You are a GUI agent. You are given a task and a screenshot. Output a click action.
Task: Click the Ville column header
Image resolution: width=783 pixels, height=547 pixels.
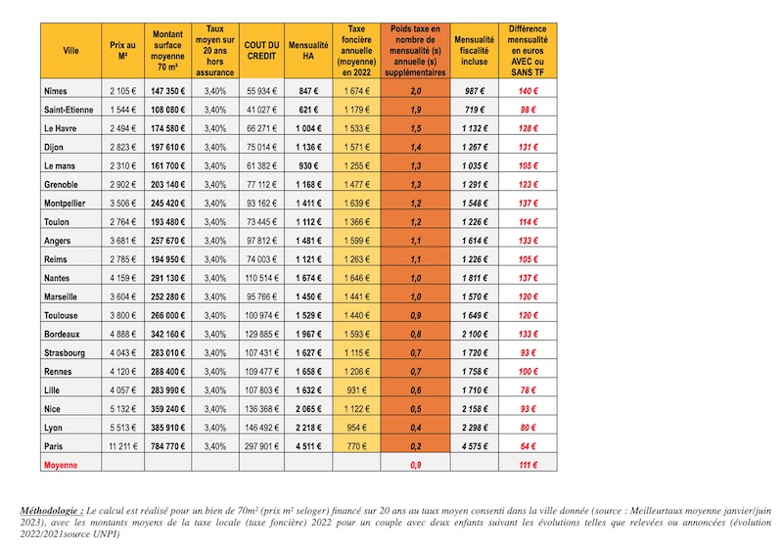coord(70,51)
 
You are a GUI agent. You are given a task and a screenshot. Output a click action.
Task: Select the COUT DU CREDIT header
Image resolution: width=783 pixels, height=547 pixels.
coord(261,51)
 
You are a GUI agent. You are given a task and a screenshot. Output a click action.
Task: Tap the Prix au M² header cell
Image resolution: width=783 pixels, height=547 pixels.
coord(123,51)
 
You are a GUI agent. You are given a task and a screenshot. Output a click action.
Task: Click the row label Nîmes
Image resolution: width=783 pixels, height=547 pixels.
coord(56,91)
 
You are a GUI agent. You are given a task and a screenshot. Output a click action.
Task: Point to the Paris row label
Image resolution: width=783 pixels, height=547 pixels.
coord(54,446)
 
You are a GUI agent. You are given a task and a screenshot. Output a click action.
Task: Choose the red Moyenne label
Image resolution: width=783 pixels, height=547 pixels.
coord(61,465)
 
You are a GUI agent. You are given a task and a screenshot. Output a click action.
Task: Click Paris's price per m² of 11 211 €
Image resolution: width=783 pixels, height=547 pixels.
coord(123,446)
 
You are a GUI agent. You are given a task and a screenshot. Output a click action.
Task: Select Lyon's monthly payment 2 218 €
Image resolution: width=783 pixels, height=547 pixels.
coord(308,428)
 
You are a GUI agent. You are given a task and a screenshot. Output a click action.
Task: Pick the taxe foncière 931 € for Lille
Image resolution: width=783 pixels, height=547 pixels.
coord(356,390)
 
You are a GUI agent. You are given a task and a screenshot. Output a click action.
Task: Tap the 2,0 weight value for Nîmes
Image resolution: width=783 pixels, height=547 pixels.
coord(415,91)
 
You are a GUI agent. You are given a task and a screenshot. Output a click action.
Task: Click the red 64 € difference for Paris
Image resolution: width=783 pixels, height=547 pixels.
coord(528,446)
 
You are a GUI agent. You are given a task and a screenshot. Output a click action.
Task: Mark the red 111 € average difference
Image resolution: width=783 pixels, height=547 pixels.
coord(528,465)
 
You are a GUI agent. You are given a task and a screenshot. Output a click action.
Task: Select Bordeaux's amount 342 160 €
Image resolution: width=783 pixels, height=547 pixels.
coord(167,334)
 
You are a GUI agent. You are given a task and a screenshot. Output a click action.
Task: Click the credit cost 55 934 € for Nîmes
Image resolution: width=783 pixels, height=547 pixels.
coord(261,91)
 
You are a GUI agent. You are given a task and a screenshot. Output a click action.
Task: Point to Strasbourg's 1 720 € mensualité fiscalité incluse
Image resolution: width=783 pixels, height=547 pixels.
coord(475,353)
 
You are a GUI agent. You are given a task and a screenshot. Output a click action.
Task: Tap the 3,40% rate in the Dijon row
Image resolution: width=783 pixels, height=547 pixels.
coord(215,147)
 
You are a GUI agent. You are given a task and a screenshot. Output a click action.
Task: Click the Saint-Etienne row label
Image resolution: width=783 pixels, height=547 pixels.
coord(69,110)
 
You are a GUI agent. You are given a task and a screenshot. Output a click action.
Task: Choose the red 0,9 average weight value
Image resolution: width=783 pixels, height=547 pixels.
coord(415,465)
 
